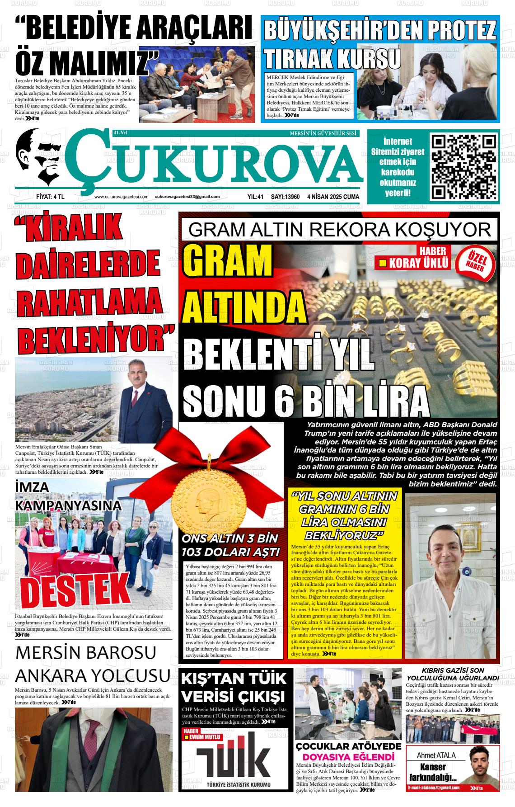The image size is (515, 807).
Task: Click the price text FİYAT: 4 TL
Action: coord(50,197)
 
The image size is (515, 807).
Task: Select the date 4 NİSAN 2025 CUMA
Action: coord(333,197)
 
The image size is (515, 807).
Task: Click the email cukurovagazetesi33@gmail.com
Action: coord(187,197)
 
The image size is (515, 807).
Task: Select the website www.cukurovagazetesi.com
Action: coord(122,197)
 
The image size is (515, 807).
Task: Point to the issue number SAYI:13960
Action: coord(285,197)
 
